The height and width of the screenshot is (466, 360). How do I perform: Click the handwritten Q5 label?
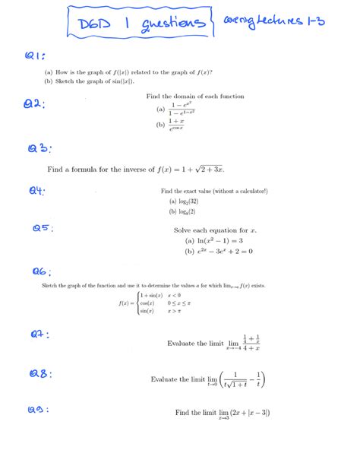(43, 228)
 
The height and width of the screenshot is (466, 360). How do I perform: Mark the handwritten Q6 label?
(41, 271)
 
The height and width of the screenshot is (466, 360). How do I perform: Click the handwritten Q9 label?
(38, 411)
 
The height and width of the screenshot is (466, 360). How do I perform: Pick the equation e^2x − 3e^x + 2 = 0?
(225, 251)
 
